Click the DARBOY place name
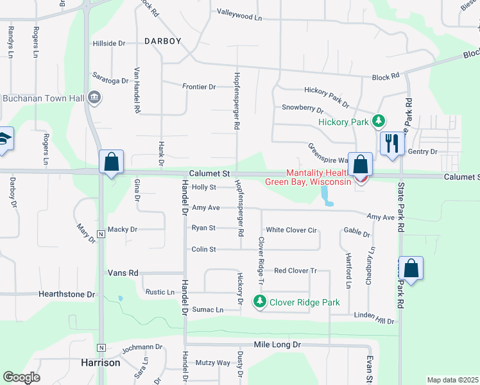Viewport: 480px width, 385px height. tap(162, 40)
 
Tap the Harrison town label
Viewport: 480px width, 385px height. tap(101, 363)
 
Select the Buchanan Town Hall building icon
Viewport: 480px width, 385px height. tap(94, 98)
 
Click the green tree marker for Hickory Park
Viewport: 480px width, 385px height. tap(379, 121)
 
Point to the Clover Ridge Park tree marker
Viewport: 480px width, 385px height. tap(260, 300)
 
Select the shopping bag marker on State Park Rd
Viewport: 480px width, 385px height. tap(411, 268)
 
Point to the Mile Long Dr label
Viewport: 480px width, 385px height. tap(277, 345)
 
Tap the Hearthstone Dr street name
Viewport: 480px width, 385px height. tap(67, 295)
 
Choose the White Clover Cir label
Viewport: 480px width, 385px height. tap(292, 230)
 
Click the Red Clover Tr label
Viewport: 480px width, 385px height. tap(296, 271)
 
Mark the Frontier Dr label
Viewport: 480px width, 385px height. tap(199, 87)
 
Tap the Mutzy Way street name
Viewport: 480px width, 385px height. tap(213, 363)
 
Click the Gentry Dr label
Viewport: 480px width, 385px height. tap(422, 151)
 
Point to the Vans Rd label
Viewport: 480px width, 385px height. tap(123, 273)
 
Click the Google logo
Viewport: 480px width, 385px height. tap(21, 377)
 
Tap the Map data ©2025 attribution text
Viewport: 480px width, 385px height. tap(452, 380)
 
